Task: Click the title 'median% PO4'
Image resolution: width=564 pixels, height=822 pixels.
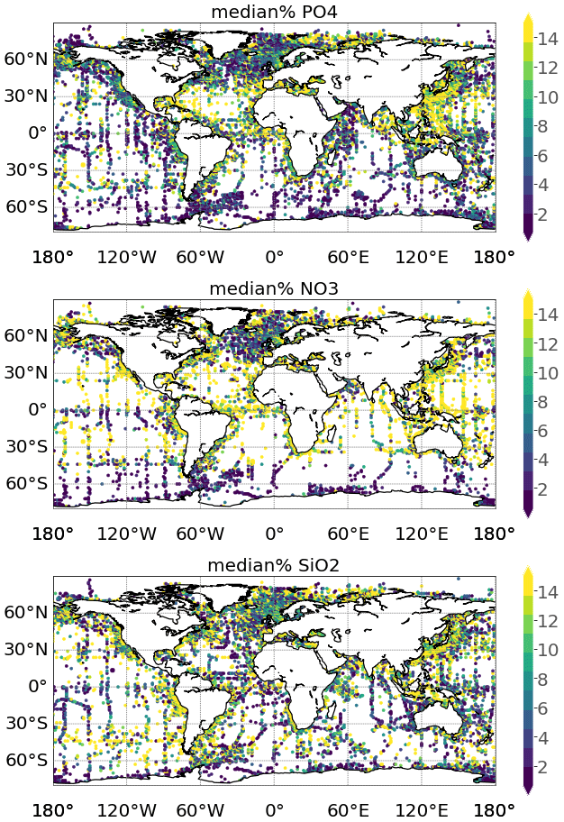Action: pyautogui.click(x=274, y=12)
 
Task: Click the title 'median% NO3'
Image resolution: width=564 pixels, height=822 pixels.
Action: pyautogui.click(x=274, y=288)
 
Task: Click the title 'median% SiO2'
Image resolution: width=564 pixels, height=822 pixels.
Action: pyautogui.click(x=274, y=565)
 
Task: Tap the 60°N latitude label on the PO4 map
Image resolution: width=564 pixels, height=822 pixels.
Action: pyautogui.click(x=25, y=59)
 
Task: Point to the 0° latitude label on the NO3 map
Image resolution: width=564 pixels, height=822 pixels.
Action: pyautogui.click(x=38, y=409)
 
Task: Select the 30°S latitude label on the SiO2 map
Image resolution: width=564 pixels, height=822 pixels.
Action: pyautogui.click(x=26, y=723)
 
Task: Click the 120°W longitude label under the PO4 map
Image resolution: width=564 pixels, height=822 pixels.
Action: pyautogui.click(x=127, y=256)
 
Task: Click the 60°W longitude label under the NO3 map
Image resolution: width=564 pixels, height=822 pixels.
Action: pyautogui.click(x=200, y=533)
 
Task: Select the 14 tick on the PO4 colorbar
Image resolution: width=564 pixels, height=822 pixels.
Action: pyautogui.click(x=549, y=37)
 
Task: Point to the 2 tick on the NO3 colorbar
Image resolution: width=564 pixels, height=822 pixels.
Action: pyautogui.click(x=549, y=489)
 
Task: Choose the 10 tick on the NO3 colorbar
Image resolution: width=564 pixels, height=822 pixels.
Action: pyautogui.click(x=549, y=372)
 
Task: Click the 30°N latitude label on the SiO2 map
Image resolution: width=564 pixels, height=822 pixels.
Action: pyautogui.click(x=25, y=649)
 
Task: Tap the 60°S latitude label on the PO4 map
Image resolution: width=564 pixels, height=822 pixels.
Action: pyautogui.click(x=26, y=206)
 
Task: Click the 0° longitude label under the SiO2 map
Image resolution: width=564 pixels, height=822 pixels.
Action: pyautogui.click(x=274, y=809)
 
